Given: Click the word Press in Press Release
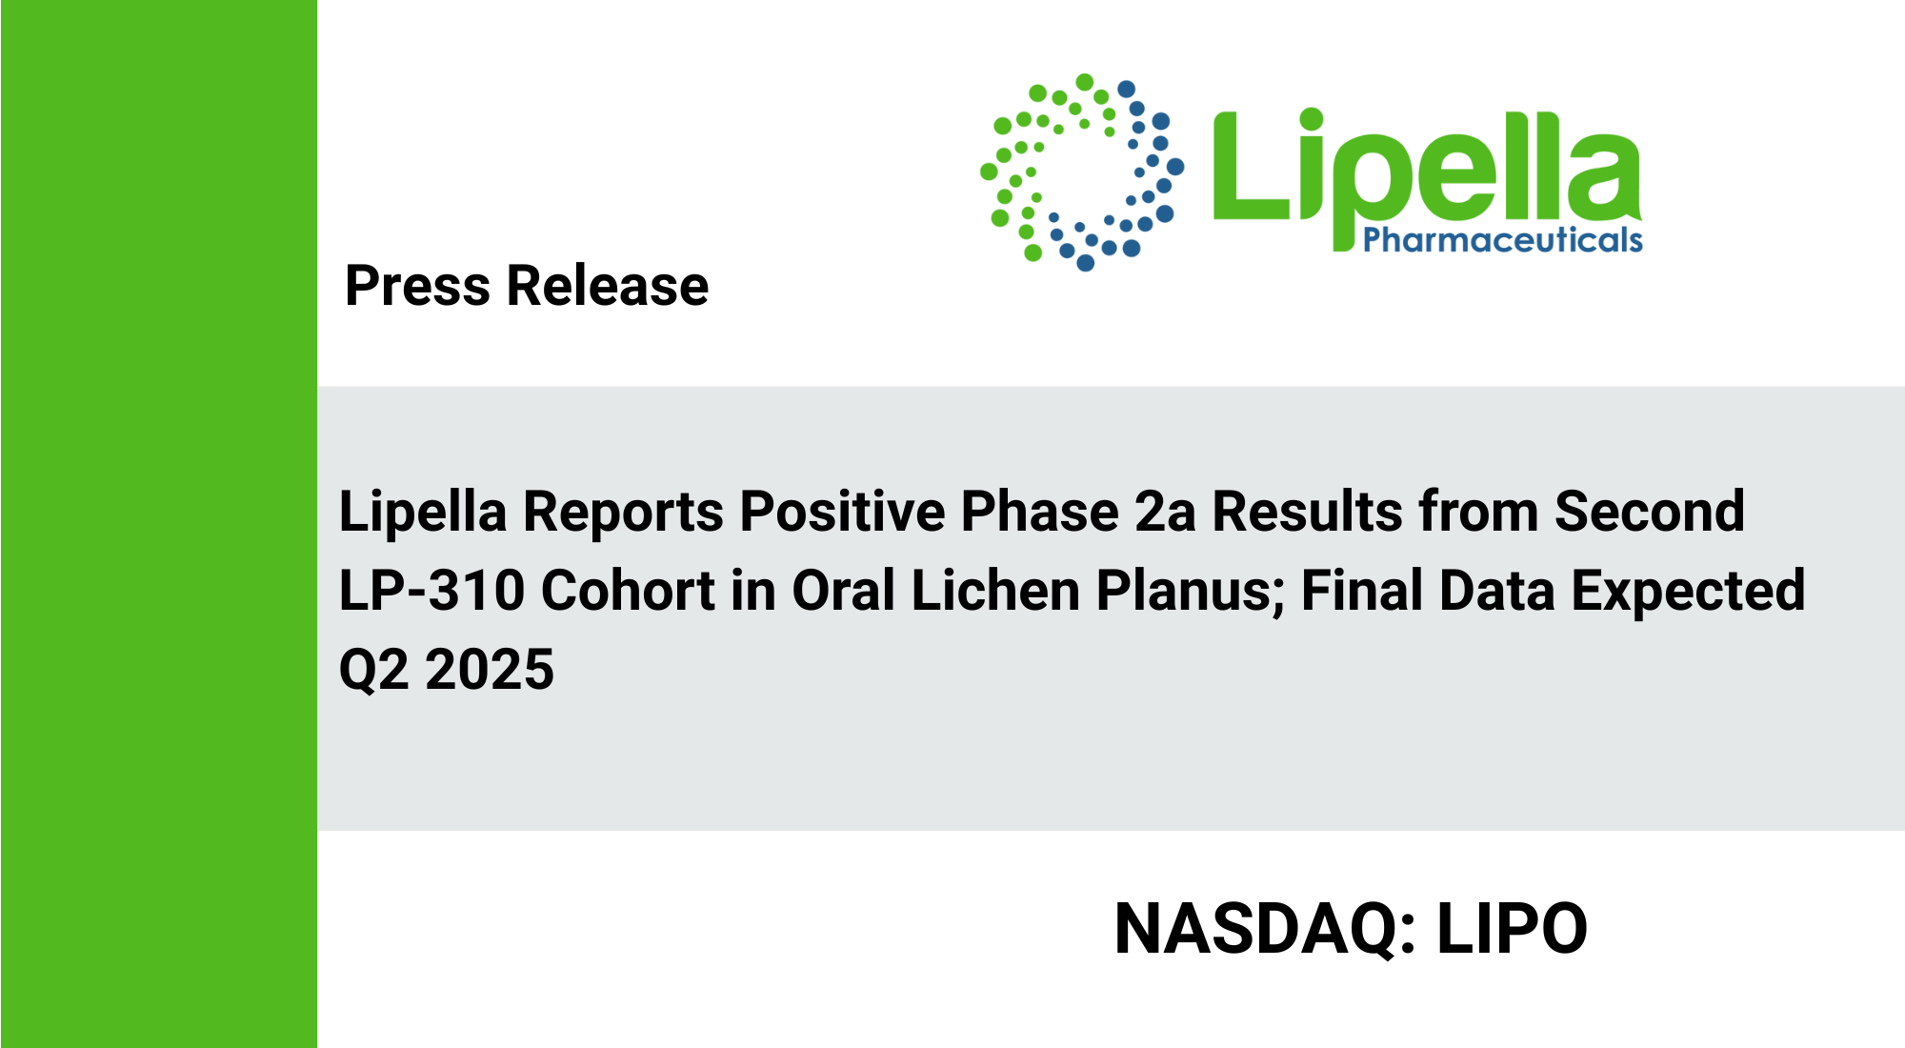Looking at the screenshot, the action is [x=417, y=286].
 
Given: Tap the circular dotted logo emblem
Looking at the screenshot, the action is [x=1082, y=171].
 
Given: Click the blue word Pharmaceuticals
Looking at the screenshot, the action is [x=1503, y=239].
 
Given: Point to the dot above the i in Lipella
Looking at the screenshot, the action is [x=1312, y=119].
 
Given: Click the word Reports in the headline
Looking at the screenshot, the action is [x=624, y=513].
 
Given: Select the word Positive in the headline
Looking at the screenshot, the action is [x=842, y=511].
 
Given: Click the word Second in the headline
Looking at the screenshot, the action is [x=1650, y=512].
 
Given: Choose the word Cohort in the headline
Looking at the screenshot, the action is [x=628, y=591].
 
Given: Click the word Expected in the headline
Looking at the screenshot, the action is [x=1688, y=592].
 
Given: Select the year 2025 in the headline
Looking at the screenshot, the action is [x=490, y=670].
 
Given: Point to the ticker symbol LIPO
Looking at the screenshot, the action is [x=1512, y=929].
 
